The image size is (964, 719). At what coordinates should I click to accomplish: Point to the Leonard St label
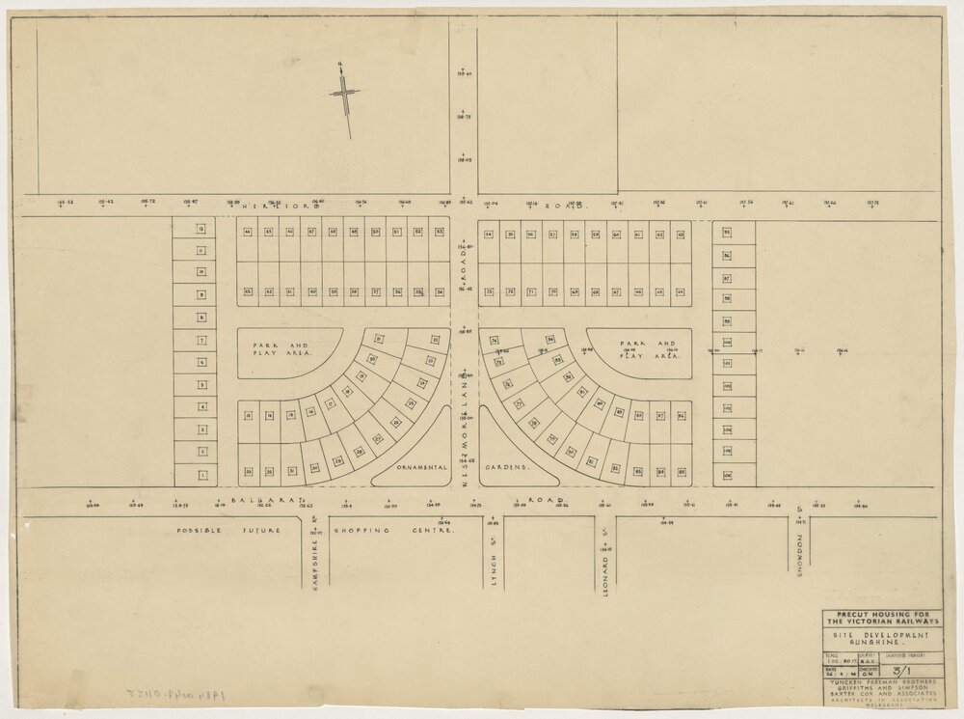608,569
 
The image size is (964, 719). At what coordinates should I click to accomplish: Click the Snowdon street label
800,555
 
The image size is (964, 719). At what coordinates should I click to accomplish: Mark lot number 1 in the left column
202,475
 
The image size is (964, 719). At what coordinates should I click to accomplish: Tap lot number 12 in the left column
202,229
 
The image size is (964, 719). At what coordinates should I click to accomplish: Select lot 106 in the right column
727,475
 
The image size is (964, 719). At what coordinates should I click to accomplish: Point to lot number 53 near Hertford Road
440,233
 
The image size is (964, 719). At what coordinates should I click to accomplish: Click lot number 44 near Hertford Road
248,233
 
